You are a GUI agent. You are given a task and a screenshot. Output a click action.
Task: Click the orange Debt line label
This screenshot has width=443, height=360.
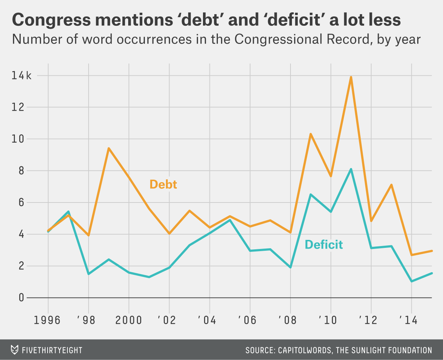pos(163,184)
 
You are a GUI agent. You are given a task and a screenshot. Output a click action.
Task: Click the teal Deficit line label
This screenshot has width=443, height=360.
pos(324,245)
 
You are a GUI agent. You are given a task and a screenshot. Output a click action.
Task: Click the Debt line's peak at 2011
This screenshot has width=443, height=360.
pos(351,77)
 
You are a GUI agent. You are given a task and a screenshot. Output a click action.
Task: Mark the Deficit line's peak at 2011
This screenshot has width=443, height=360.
pos(351,169)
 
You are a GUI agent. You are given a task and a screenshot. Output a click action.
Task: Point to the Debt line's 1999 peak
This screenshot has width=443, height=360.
pos(109,148)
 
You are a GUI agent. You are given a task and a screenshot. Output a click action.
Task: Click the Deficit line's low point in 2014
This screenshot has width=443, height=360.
pos(411,281)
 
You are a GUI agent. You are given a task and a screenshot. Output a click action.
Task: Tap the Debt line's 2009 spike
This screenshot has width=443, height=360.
pos(311,134)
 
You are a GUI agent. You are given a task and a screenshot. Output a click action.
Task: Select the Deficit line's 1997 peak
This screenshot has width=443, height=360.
pos(68,212)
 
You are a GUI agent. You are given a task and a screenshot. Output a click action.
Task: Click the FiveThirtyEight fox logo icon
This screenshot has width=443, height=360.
pos(15,350)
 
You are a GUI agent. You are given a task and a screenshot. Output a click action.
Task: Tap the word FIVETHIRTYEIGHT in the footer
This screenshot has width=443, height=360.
pos(52,350)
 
